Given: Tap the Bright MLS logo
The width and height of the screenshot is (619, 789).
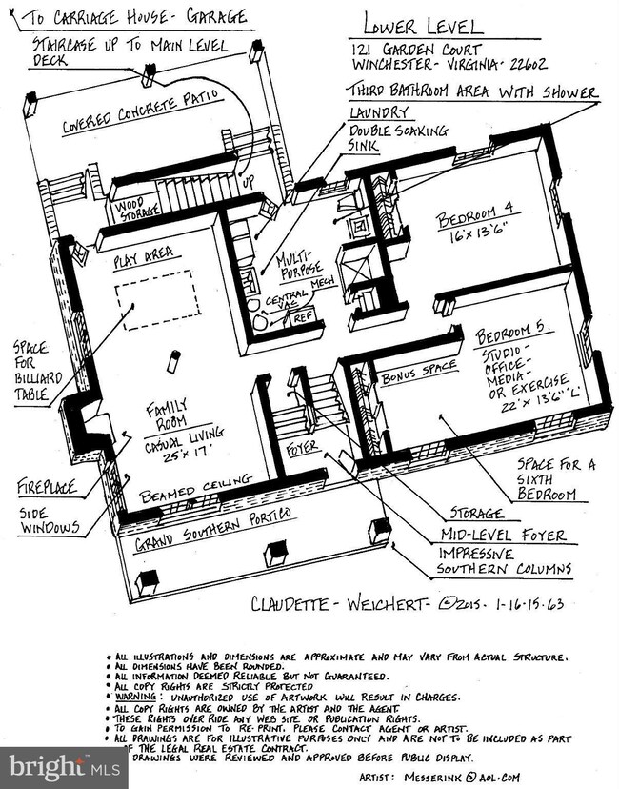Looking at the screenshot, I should pyautogui.click(x=63, y=768).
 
